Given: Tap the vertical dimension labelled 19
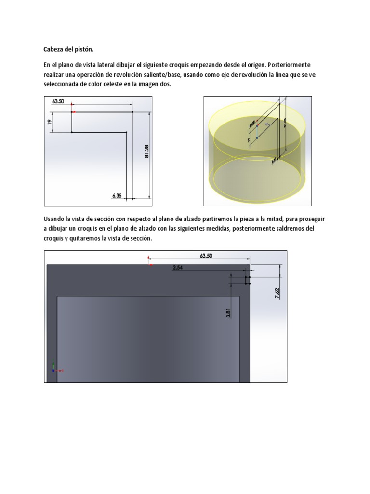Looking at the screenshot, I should [49, 123].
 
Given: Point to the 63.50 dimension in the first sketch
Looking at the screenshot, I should [58, 101].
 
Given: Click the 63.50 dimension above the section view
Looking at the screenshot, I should [206, 256].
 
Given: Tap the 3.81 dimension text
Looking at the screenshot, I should [228, 313].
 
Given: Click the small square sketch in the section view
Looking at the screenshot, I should [248, 280].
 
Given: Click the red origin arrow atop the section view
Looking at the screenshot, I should [150, 264].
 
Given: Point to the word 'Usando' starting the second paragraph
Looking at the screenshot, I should [56, 219].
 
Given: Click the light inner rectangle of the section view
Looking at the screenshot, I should [148, 338].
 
